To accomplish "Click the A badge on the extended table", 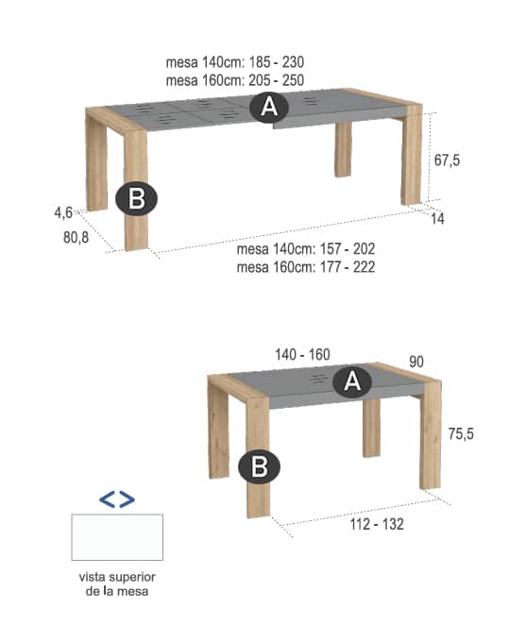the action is (x=269, y=107).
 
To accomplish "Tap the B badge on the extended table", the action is (x=136, y=198).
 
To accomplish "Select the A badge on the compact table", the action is (x=352, y=381).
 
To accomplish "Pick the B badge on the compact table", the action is (x=259, y=466).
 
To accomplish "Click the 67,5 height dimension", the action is (x=447, y=160).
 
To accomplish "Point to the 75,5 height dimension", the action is (x=461, y=433).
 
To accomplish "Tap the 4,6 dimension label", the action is (x=63, y=212).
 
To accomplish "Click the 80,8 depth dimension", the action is (x=76, y=238).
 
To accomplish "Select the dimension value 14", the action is (x=437, y=219).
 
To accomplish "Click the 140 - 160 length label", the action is (x=302, y=355).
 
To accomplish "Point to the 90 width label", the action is (x=416, y=362).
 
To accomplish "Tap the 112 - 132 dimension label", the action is (x=377, y=524).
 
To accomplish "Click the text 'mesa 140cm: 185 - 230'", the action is (x=234, y=62).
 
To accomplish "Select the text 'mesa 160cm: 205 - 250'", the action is (x=234, y=80).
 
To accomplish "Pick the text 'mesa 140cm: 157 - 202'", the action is (x=306, y=249).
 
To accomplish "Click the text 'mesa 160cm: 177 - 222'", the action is (x=306, y=267).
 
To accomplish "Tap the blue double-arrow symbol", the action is (x=117, y=499).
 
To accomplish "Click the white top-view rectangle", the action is (x=117, y=537).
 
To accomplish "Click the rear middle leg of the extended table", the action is (x=343, y=149).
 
